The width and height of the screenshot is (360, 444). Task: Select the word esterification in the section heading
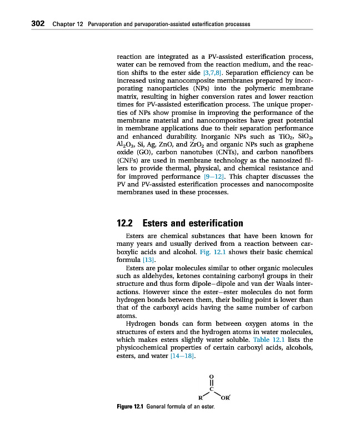click(213, 224)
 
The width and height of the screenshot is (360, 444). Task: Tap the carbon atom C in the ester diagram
click(211, 389)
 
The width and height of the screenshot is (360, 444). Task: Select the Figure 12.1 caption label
click(130, 407)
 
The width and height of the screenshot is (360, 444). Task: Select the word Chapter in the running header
click(61, 24)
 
